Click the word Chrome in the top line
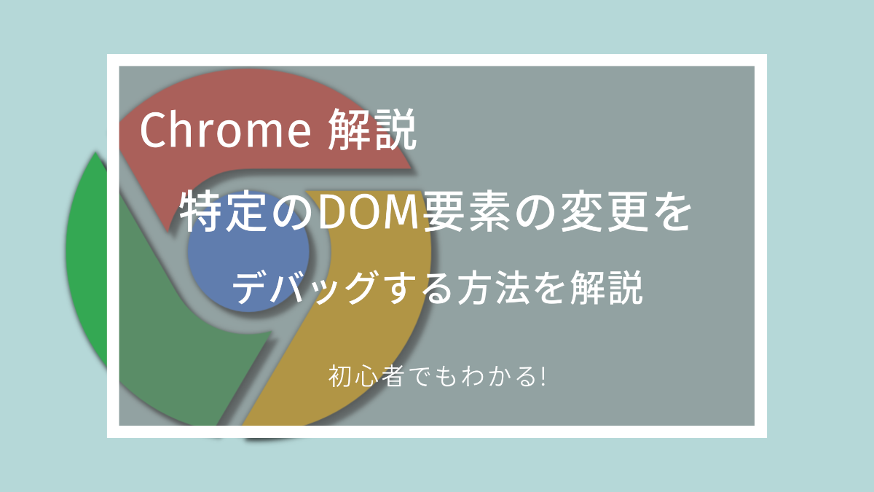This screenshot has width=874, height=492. tap(226, 129)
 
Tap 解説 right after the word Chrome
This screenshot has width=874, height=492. tap(372, 129)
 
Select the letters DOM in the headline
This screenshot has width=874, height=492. tap(369, 211)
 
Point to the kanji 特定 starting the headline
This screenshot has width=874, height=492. tap(224, 211)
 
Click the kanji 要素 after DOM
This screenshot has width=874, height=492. tap(468, 211)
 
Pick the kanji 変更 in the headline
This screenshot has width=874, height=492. tap(604, 211)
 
